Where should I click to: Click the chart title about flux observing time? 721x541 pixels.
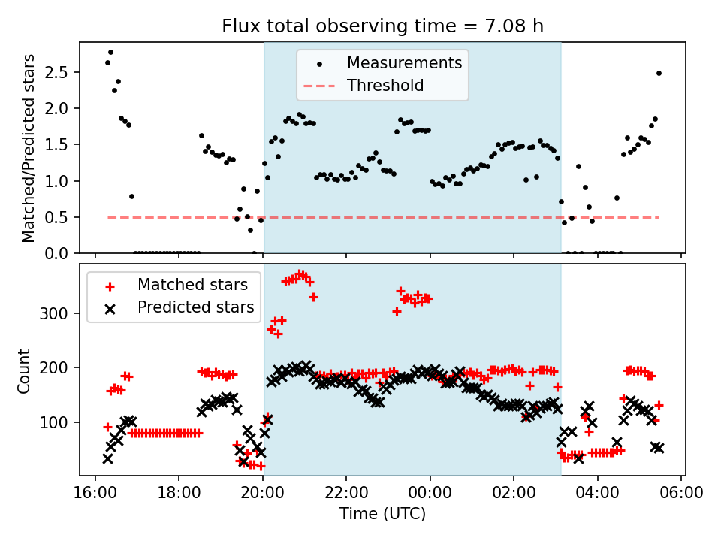pos(382,26)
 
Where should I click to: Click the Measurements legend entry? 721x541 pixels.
pos(404,63)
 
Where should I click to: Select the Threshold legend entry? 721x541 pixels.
pos(385,86)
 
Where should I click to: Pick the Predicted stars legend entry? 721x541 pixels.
pos(195,307)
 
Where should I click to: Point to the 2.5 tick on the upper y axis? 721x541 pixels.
pos(60,72)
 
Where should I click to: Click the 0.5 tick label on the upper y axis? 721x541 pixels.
pos(60,217)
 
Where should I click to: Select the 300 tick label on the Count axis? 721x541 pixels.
pos(60,313)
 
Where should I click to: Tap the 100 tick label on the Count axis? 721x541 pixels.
pos(60,422)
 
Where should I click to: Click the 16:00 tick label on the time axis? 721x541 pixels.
pos(95,493)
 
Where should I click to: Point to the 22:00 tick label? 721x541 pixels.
pos(346,493)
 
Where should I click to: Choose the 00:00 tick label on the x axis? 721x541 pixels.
pos(430,493)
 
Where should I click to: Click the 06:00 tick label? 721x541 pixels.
pos(681,493)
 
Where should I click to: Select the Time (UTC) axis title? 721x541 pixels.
pos(382,514)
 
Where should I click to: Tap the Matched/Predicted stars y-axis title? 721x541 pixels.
pos(29,148)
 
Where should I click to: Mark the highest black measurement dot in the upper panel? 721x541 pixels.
pos(110,53)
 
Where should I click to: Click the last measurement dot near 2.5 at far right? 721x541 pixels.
pos(659,73)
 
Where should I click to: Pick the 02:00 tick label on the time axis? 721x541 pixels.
pos(514,493)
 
